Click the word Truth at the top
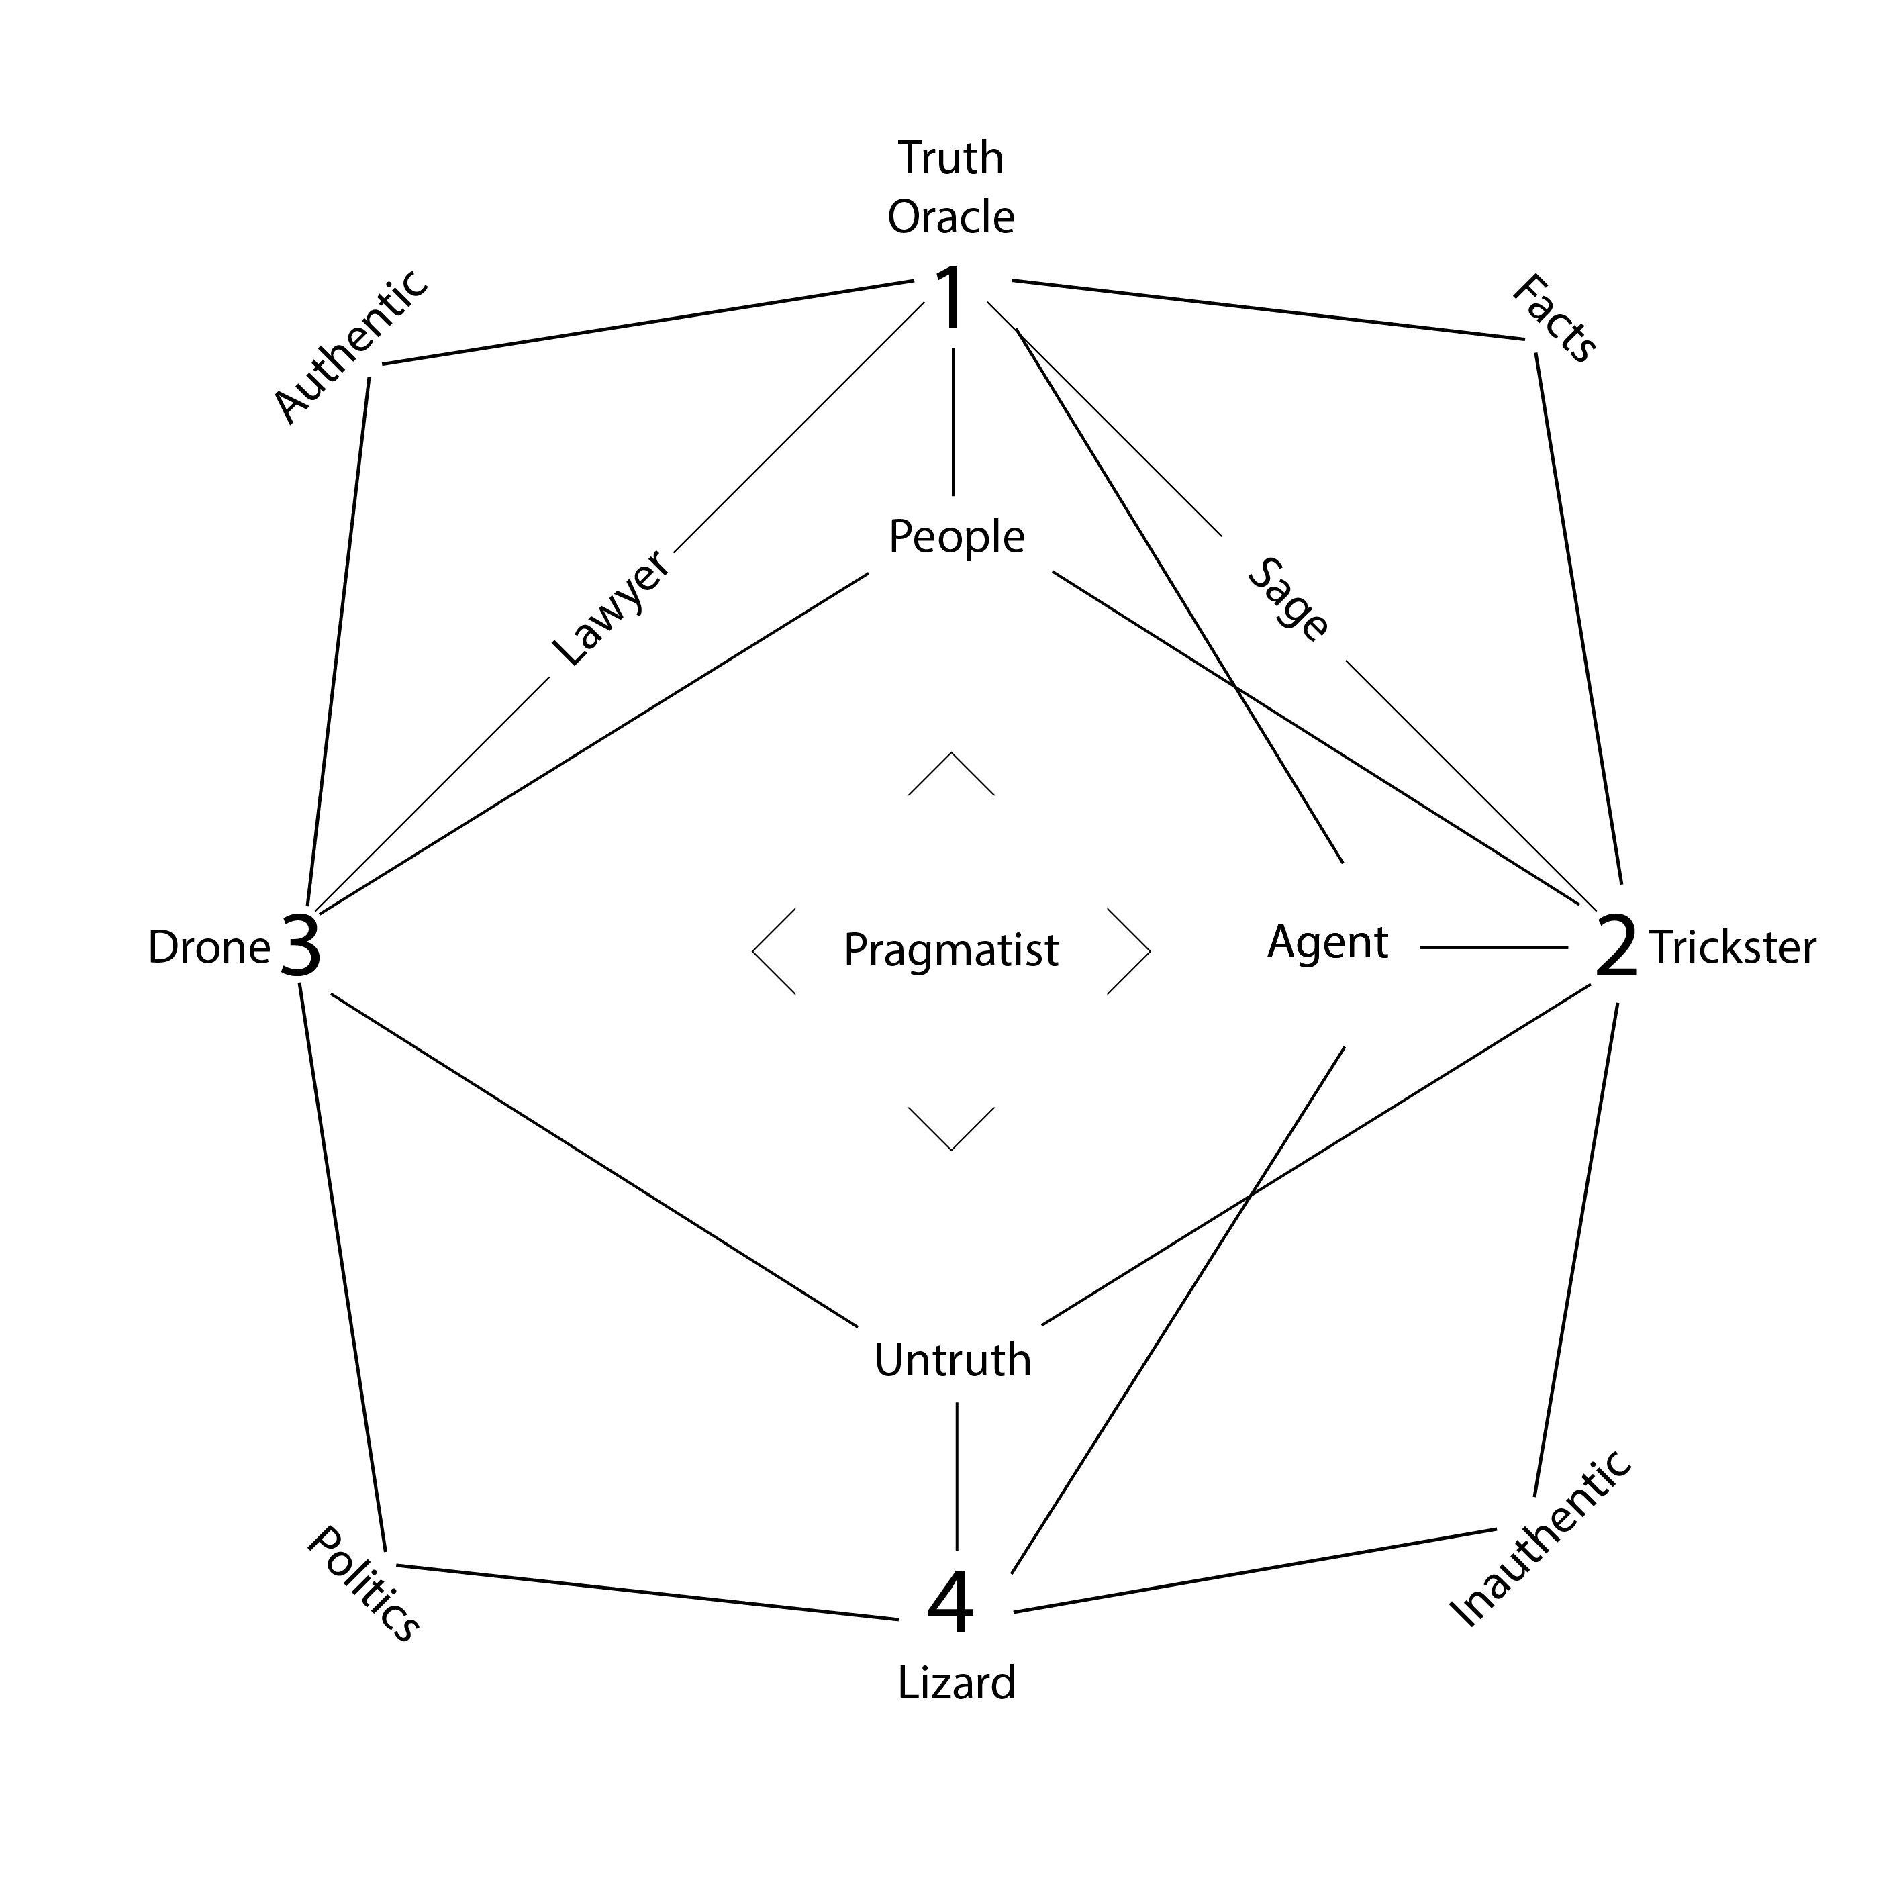(x=950, y=158)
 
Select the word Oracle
(x=950, y=217)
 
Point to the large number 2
(x=1616, y=948)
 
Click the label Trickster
(x=1733, y=948)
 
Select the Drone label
(x=209, y=948)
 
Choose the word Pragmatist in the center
(x=950, y=950)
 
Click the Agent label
(x=1327, y=942)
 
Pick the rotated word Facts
(x=1555, y=318)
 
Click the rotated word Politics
(x=362, y=1584)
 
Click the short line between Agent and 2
(x=1494, y=948)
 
